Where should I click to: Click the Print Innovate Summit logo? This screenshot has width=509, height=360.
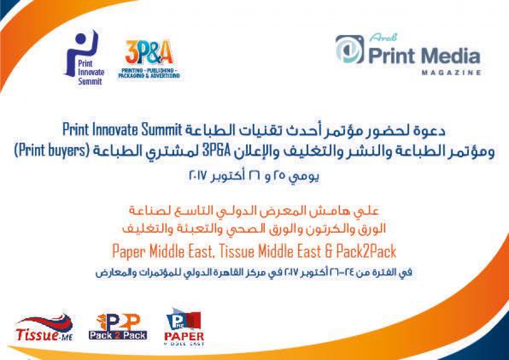point(84,58)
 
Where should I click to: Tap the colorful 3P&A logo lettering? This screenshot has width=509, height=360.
point(149,52)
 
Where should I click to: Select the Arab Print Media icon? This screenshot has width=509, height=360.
point(350,50)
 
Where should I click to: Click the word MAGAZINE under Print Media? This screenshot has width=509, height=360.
point(451,72)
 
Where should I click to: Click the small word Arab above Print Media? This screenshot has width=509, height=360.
point(383,38)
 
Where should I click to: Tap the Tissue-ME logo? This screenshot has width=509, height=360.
point(45,328)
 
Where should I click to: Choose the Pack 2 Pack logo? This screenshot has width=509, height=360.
point(118,327)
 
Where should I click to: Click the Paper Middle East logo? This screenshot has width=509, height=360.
point(184,327)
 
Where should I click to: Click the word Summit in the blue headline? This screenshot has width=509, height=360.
point(161,130)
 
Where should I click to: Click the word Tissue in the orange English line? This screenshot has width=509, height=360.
point(238,251)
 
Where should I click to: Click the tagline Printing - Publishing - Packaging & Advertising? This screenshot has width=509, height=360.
point(149,73)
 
